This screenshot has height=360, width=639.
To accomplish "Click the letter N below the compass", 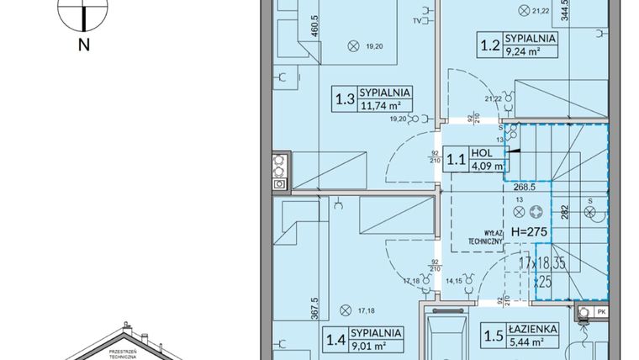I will [x=83, y=46].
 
